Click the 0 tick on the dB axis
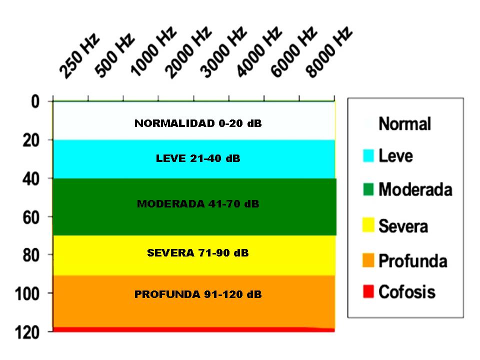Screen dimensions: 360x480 35,102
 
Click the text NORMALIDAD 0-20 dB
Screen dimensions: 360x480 198,123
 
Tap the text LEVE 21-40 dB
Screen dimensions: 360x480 198,159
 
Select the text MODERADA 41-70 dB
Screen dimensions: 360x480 198,204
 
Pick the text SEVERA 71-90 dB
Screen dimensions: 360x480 198,253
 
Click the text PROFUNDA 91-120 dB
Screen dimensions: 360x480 198,294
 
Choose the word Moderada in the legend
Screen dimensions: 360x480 415,190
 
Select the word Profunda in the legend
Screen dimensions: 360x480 412,261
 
